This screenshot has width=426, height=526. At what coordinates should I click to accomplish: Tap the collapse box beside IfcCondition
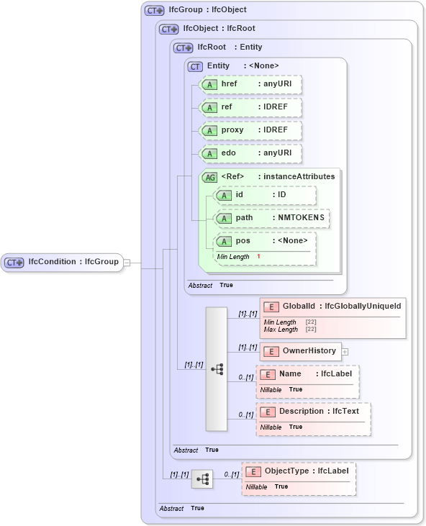click(127, 263)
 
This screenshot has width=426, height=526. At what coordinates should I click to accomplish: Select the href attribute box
click(250, 84)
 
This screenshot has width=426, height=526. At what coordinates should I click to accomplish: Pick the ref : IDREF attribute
click(250, 107)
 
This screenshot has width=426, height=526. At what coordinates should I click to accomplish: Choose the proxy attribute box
click(250, 130)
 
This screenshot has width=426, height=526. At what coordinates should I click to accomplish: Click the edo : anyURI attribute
click(250, 153)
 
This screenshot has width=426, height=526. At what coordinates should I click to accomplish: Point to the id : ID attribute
click(265, 195)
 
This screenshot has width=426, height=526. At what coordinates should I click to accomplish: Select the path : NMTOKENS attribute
click(272, 217)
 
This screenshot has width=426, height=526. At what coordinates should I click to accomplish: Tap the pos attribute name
click(243, 240)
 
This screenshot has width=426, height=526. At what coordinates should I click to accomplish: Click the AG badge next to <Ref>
click(209, 177)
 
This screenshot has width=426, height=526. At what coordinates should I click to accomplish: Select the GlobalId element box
click(332, 307)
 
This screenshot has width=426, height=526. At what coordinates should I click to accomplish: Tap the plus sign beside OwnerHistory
click(345, 352)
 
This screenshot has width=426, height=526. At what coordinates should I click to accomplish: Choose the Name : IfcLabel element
click(307, 374)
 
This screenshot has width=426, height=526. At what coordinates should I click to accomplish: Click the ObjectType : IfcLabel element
click(299, 471)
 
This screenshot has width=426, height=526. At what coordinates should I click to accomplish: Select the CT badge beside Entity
click(194, 66)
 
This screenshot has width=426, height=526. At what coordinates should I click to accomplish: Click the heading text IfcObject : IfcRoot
click(219, 29)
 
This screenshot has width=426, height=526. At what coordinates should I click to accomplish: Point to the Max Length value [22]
click(311, 330)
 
